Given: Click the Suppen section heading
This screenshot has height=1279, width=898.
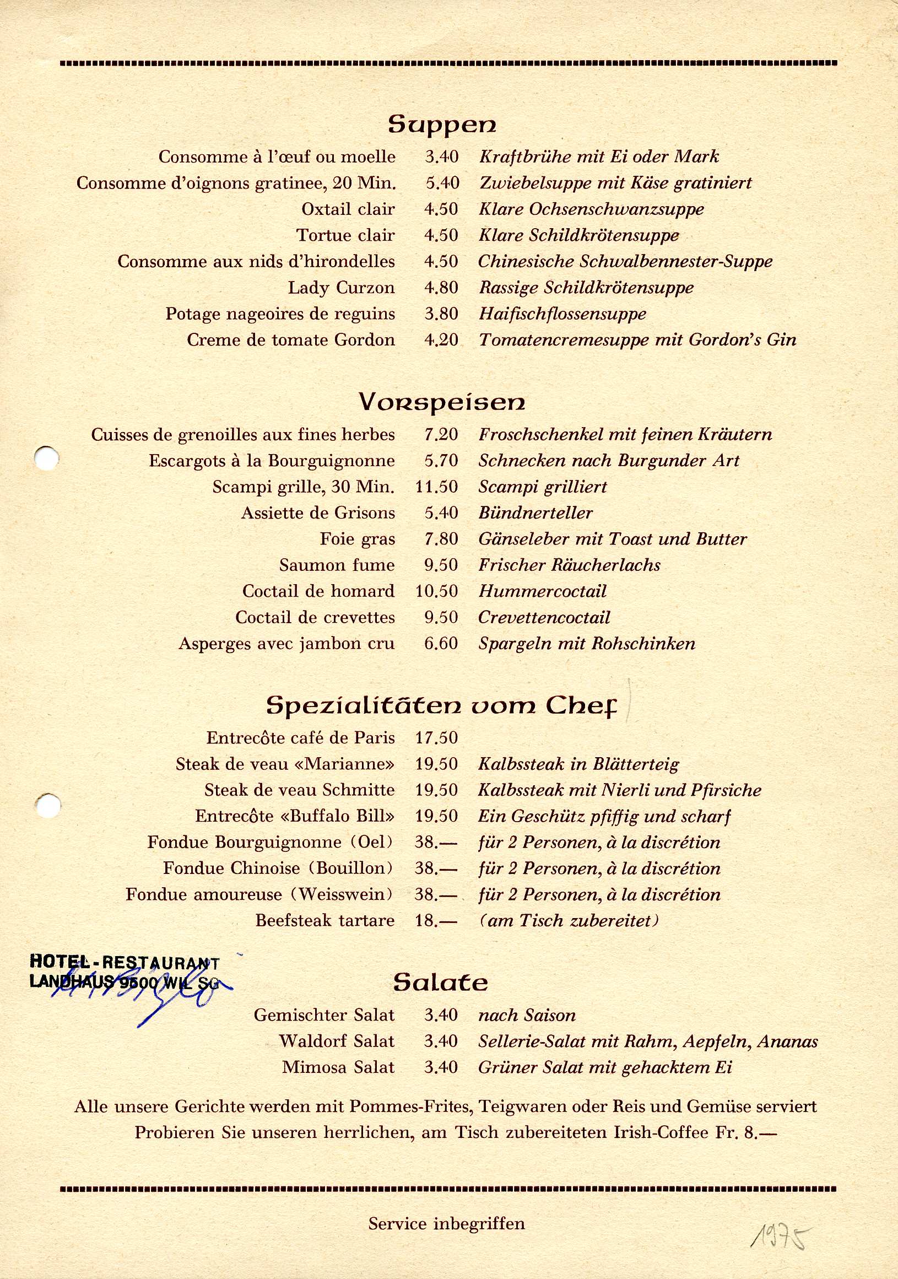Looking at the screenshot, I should click(442, 124).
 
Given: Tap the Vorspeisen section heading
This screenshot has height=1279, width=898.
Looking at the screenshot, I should click(442, 402).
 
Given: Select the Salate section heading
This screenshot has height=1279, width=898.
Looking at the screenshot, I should click(440, 983).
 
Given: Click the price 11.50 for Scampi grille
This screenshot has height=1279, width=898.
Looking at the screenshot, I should click(436, 487).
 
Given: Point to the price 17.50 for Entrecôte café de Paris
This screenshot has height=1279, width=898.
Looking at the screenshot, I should click(436, 737).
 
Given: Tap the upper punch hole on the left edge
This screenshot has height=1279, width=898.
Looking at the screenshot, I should click(46, 458).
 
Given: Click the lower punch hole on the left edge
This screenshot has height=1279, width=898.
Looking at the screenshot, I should click(48, 806).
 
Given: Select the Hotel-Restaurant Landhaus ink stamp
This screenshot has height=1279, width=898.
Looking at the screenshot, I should click(126, 973).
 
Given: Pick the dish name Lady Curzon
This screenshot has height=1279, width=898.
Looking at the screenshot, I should click(341, 288).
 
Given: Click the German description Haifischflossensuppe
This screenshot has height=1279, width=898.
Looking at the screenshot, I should click(562, 314).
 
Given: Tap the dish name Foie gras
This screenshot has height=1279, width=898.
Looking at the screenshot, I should click(357, 539).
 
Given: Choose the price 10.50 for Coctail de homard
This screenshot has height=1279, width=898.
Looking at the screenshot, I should click(436, 591).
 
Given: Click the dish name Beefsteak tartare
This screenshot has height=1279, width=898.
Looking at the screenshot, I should click(325, 920).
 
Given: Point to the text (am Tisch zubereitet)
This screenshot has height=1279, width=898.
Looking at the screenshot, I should click(568, 920).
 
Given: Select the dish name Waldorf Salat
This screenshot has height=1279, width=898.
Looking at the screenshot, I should click(337, 1041).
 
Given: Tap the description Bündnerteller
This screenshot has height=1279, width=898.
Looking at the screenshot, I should click(535, 513).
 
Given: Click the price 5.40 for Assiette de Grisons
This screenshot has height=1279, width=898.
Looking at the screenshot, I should click(441, 513).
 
